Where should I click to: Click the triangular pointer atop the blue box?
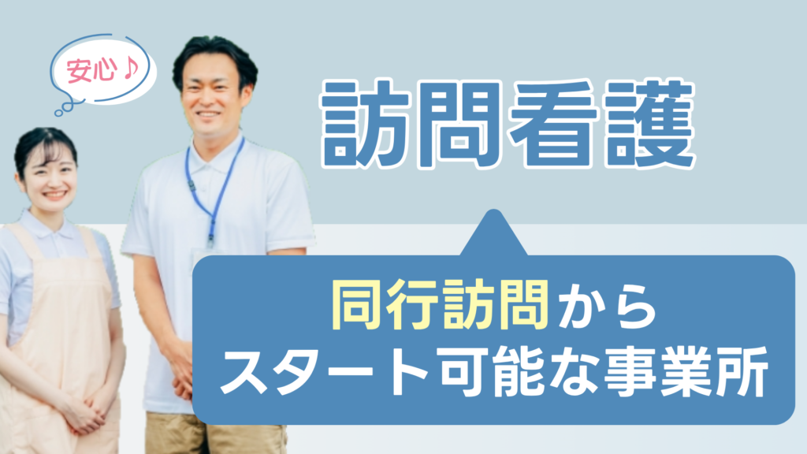(493, 236)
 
